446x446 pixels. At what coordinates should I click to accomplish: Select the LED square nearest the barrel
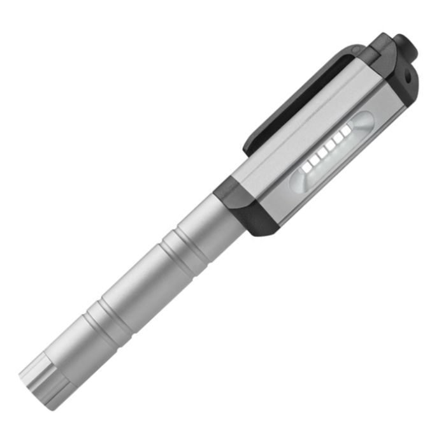tap(306, 168)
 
